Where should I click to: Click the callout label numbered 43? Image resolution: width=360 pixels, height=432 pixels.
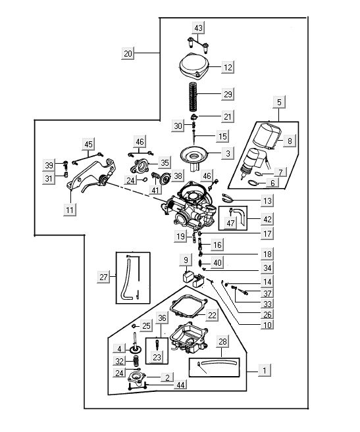pos(198,28)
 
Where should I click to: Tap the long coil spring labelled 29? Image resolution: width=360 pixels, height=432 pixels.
pos(193,97)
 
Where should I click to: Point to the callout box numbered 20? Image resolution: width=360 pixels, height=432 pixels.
pos(128,53)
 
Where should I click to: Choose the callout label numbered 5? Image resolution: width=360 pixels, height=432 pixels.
pos(279,102)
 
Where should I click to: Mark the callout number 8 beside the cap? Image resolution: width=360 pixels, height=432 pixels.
pos(290,141)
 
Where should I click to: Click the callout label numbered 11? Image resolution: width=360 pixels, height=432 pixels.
pos(70,210)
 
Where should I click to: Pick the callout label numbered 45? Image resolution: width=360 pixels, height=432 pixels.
pos(88,144)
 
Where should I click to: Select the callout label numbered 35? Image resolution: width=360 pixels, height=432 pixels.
pos(165,163)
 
